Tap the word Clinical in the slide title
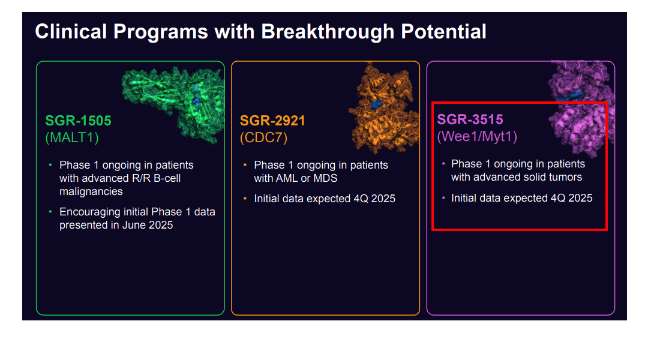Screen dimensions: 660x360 [71, 32]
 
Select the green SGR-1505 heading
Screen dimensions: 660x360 [78, 121]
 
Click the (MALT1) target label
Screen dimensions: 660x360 [72, 137]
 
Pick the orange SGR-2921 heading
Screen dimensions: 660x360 [272, 121]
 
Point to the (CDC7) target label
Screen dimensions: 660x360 [263, 137]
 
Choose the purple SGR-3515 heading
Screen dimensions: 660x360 [470, 119]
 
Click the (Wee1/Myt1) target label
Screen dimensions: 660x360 [477, 136]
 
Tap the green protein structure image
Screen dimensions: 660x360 [173, 103]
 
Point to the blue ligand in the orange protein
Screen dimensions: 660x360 [377, 104]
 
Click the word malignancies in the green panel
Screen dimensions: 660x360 [91, 191]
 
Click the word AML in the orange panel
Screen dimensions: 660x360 [289, 179]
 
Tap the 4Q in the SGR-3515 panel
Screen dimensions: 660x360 [559, 199]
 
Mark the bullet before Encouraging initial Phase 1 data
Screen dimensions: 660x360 [50, 211]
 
